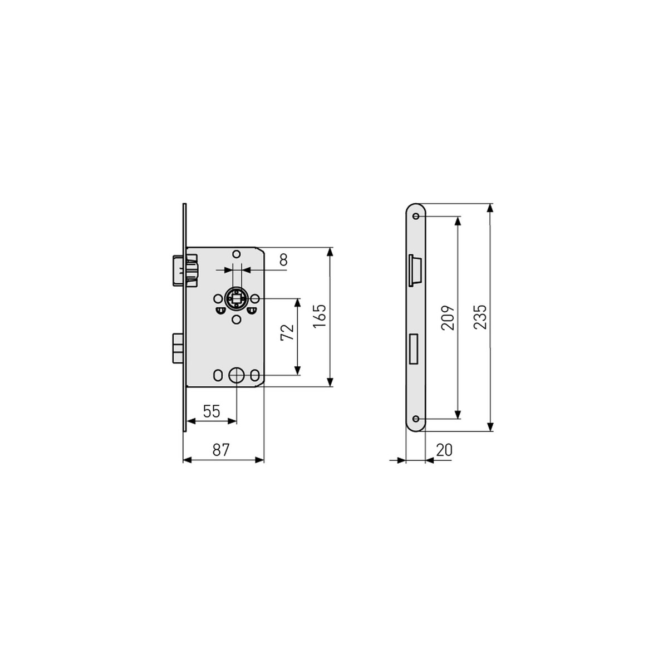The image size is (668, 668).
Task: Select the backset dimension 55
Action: tap(211, 412)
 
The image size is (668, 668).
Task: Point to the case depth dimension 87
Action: tap(221, 450)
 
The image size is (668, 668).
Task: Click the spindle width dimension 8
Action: tap(283, 259)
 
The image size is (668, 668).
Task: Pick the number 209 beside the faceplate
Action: tap(448, 317)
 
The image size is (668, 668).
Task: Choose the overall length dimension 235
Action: tap(480, 317)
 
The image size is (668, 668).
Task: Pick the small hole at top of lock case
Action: tap(237, 254)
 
